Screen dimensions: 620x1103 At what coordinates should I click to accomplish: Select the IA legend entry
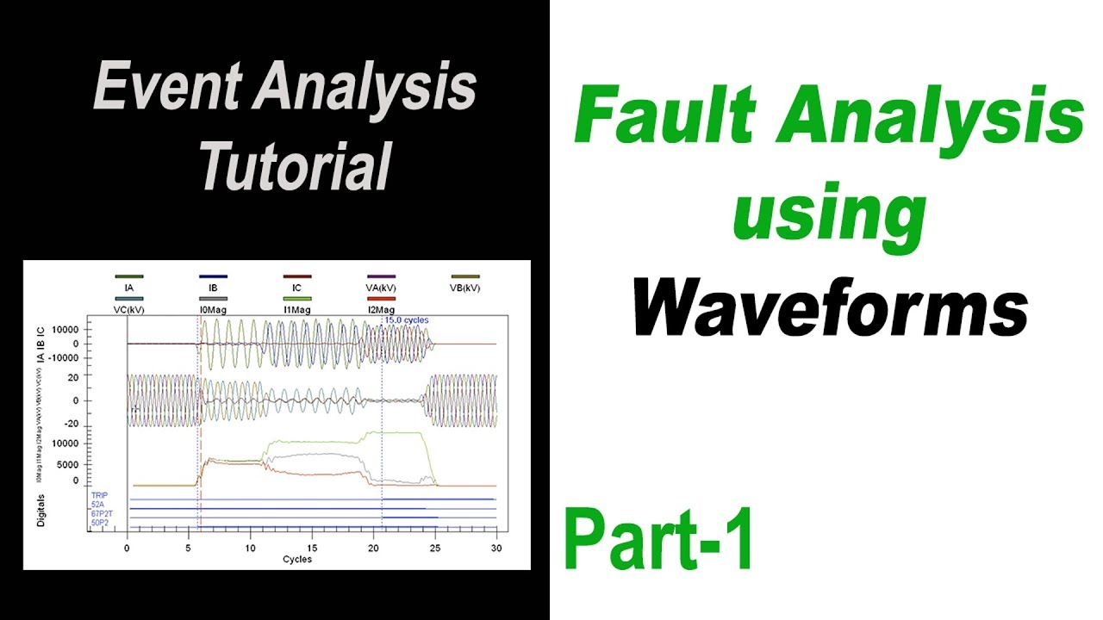pos(128,288)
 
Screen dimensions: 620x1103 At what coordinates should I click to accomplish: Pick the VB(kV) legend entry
pos(465,288)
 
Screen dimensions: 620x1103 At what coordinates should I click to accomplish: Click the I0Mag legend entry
pos(213,309)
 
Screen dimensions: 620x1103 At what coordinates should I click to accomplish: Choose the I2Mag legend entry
pos(381,309)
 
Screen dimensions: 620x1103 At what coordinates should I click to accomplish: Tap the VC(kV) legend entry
pos(128,309)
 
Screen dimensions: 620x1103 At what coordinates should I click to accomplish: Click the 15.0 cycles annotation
pos(406,320)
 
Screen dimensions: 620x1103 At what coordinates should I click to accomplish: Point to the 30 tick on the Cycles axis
pos(496,548)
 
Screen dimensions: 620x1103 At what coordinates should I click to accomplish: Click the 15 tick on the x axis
pos(312,548)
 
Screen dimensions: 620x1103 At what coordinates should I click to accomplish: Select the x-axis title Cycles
pos(297,559)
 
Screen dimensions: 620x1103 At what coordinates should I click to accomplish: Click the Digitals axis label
pos(41,510)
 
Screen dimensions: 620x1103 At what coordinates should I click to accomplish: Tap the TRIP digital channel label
pos(99,496)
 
